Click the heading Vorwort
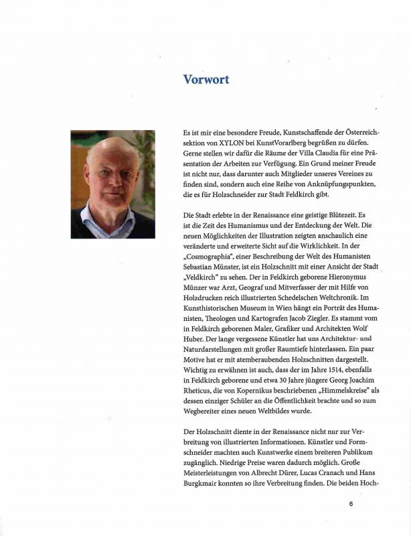(x=206, y=80)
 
